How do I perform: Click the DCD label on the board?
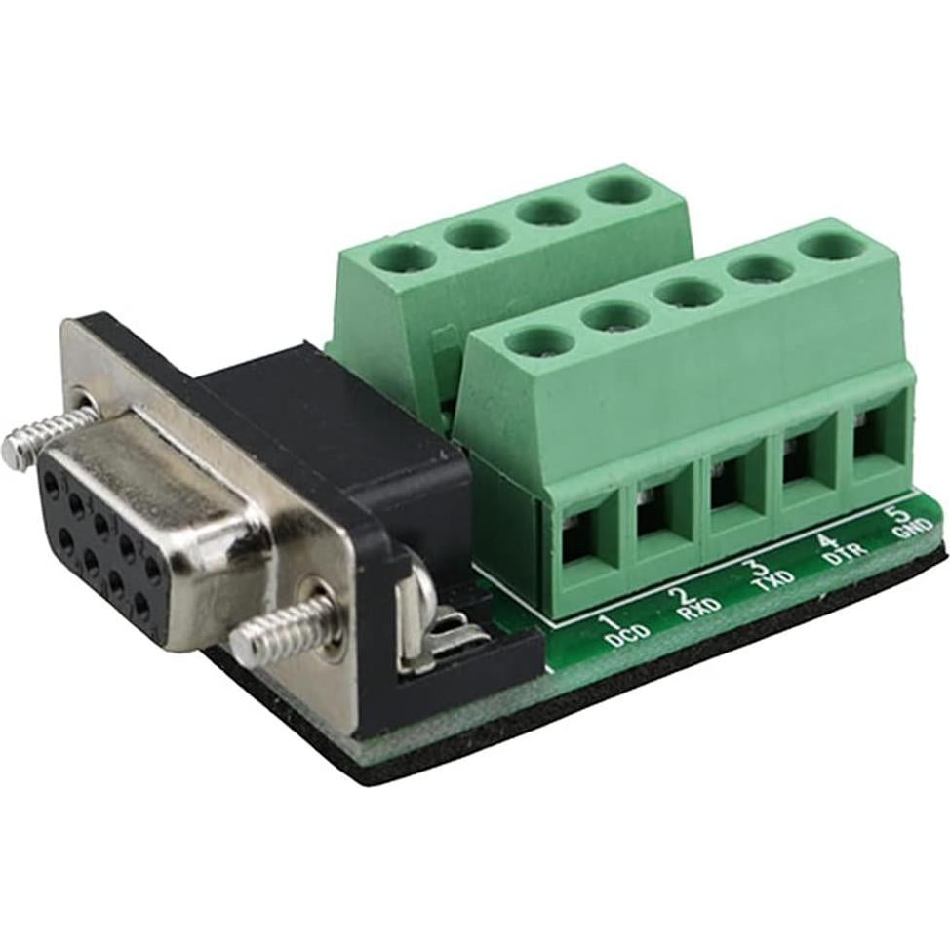click(622, 640)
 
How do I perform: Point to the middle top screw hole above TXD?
click(689, 291)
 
